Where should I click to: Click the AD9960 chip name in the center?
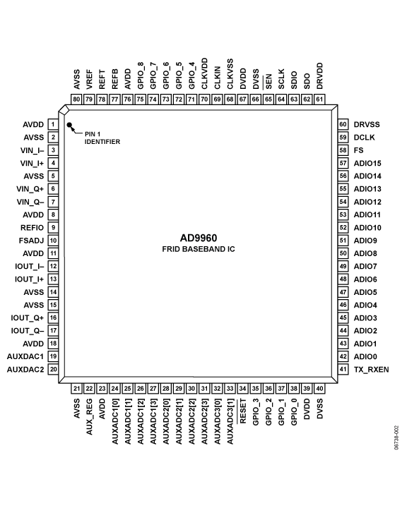tap(198, 238)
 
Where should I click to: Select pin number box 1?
tap(52, 124)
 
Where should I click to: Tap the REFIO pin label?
tap(33, 227)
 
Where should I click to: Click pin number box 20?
tap(52, 369)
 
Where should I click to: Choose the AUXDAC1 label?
tap(25, 356)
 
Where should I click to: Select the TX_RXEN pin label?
tap(370, 369)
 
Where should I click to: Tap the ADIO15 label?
tap(367, 163)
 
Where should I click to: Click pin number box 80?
tap(76, 99)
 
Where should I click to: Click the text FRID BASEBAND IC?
tap(198, 250)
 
